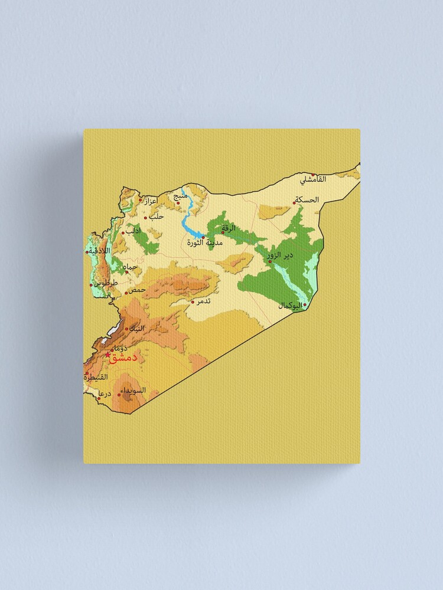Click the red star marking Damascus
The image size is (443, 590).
108,355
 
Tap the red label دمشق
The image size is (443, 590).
123,358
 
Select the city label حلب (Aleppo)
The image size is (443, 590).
157,217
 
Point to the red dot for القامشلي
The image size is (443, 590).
313,174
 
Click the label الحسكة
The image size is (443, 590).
307,200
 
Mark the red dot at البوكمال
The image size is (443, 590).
305,305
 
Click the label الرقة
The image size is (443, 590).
229,228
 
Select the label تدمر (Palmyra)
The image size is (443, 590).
203,301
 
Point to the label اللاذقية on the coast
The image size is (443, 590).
100,251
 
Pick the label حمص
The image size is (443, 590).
136,290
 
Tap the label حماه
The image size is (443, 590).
131,267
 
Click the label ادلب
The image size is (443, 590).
133,231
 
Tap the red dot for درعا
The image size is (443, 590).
99,398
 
